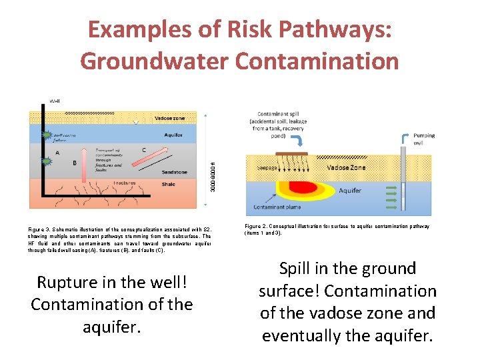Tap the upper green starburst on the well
click(x=47, y=136)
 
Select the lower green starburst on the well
click(x=47, y=161)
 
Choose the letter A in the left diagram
click(x=57, y=152)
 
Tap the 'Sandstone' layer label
click(x=173, y=172)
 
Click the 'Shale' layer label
click(x=169, y=185)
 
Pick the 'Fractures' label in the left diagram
click(x=124, y=183)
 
